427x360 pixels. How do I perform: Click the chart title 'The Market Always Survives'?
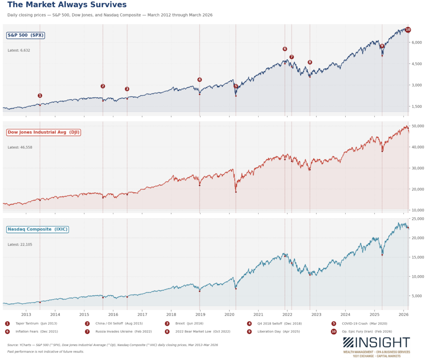tap(67, 5)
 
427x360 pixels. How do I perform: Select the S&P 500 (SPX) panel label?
tap(25, 35)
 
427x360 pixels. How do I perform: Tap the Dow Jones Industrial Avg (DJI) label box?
tap(44, 132)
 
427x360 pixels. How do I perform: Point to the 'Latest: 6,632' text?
tap(19, 50)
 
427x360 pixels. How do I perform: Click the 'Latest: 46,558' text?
tap(20, 147)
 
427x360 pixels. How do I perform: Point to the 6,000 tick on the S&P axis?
tap(416, 43)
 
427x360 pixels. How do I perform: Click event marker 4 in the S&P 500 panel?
tap(199, 80)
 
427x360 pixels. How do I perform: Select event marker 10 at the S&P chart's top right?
tap(408, 30)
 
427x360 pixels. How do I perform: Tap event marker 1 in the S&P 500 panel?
tap(40, 96)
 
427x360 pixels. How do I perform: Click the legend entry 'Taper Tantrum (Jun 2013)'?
tap(33, 323)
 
